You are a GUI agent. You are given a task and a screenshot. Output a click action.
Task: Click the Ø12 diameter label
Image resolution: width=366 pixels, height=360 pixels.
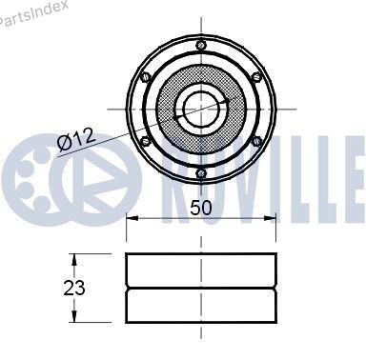76,139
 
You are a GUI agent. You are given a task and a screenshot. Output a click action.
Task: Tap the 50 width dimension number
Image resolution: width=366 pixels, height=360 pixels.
200,208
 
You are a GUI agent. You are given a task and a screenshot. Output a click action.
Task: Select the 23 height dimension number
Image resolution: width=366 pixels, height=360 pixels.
74,288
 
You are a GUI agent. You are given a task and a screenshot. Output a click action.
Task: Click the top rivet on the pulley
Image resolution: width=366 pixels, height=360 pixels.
201,45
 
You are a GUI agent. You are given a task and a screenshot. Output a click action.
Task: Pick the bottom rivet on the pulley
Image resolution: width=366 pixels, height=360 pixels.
201,173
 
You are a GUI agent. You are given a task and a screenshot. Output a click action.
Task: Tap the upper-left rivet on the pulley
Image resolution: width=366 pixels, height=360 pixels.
146,77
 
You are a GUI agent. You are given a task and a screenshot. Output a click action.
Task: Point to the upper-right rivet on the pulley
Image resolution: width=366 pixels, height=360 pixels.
256,76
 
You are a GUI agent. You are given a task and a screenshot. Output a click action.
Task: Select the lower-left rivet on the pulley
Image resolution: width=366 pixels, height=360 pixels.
146,141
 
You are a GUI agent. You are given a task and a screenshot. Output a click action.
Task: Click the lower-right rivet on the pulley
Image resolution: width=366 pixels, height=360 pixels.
256,141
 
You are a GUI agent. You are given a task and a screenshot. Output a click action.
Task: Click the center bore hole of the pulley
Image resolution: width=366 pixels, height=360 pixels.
201,109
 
